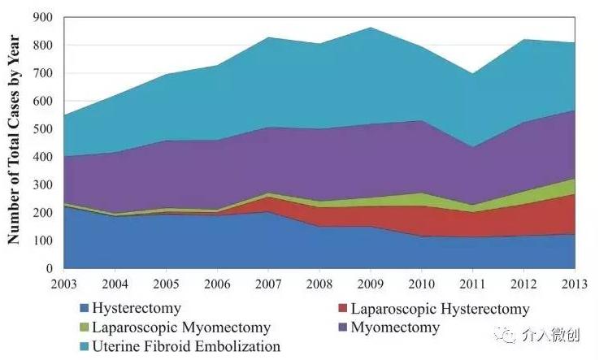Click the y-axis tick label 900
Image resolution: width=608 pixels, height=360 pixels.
click(43, 17)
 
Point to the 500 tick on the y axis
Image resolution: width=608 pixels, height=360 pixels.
click(43, 129)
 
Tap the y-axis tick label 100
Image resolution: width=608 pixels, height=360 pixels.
click(43, 241)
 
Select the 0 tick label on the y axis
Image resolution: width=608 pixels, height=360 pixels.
click(50, 268)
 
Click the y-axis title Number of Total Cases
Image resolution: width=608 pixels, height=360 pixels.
click(14, 142)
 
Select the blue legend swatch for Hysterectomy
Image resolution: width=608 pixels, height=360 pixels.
click(84, 310)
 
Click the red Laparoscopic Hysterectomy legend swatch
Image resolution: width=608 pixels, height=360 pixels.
click(341, 310)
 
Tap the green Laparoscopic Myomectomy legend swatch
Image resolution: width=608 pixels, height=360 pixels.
click(84, 328)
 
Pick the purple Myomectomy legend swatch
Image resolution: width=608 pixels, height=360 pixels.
click(341, 328)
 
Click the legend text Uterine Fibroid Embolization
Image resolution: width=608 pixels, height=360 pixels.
click(186, 347)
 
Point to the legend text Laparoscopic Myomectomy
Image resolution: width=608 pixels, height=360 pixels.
click(181, 328)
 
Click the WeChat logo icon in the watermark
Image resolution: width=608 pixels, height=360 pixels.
click(509, 333)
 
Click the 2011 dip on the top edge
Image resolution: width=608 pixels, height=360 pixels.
click(473, 74)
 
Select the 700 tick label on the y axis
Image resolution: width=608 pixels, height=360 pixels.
click(43, 73)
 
